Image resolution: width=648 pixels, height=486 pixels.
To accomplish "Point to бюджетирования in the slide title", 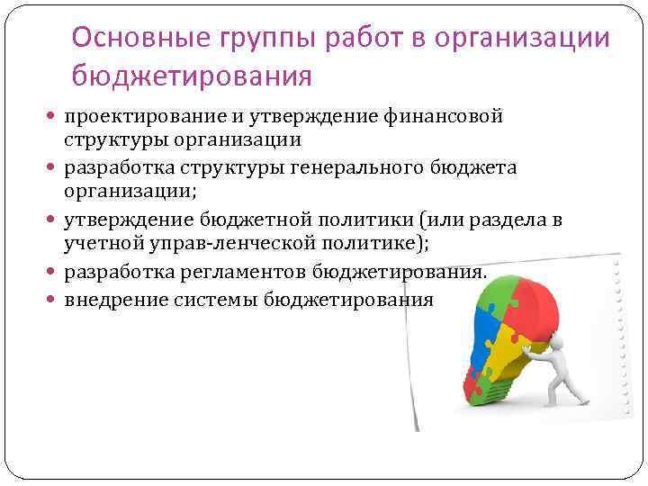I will (192, 76).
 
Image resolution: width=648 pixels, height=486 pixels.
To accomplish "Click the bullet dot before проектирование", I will (53, 117).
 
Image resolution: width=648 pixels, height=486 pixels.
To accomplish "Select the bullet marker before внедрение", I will (53, 299).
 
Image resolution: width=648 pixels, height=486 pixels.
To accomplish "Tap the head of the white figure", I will (556, 341).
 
